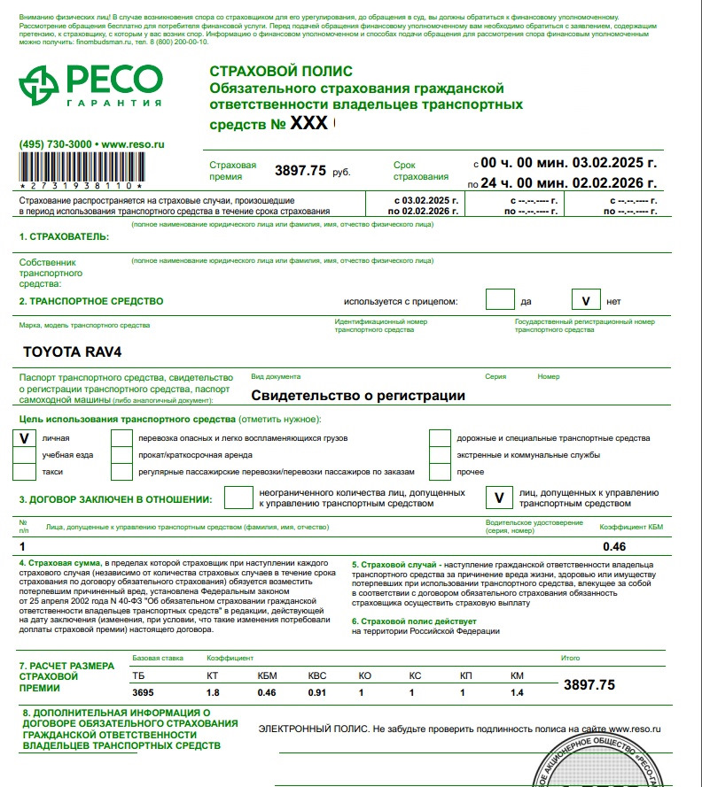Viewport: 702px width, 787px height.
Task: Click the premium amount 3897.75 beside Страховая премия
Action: [300, 170]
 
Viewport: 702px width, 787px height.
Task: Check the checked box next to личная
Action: [25, 438]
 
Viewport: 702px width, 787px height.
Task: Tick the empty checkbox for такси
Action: [25, 472]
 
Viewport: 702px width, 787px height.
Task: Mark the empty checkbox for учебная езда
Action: [25, 455]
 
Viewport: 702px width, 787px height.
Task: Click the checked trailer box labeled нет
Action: [586, 300]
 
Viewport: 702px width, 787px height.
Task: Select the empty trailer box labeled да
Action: [500, 300]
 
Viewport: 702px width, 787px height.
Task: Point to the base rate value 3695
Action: [142, 692]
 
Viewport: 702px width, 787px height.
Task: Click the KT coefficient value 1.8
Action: [213, 692]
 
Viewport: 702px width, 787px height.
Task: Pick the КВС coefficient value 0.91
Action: [317, 692]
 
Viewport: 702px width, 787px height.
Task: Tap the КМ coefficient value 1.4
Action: [518, 692]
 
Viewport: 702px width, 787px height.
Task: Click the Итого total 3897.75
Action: [589, 684]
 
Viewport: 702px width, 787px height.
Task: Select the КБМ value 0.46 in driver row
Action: [614, 546]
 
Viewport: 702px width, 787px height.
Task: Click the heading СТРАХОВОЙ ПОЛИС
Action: [280, 72]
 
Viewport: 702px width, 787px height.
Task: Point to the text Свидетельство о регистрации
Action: [358, 396]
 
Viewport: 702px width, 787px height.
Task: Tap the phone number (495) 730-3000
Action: [55, 143]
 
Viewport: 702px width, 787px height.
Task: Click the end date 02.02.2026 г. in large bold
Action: [615, 183]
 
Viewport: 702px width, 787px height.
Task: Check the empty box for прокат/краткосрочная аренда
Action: [121, 455]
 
